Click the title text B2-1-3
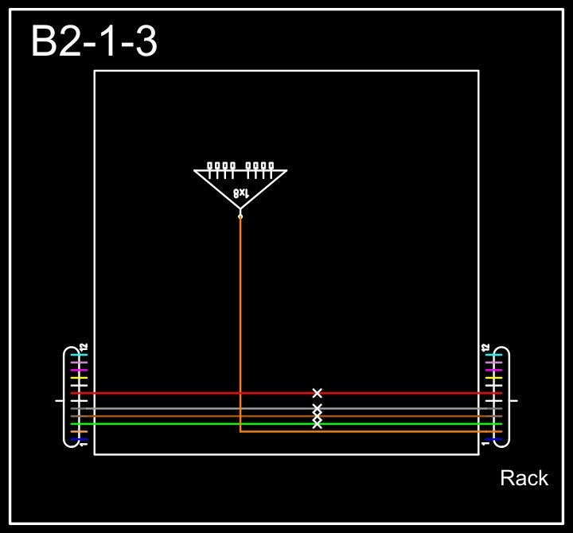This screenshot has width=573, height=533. coord(94,41)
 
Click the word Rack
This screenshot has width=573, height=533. coord(524,478)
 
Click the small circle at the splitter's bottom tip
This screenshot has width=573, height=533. coord(240,216)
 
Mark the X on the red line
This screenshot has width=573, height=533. coord(318,393)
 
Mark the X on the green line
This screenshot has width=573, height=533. coord(318,424)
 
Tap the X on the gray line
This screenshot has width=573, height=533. coord(318,408)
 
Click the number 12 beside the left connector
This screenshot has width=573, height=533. coord(83,347)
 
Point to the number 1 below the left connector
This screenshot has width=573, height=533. coord(83,444)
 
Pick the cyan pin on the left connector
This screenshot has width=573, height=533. coord(79,355)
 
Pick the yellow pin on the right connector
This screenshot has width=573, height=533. coord(494,378)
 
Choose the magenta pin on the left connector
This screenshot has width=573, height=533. coord(79,370)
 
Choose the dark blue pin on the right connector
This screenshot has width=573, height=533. coord(494,439)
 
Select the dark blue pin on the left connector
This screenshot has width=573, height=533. coord(79,439)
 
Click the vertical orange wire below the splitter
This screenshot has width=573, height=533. coord(240,318)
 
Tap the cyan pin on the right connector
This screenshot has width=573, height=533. coord(494,355)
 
